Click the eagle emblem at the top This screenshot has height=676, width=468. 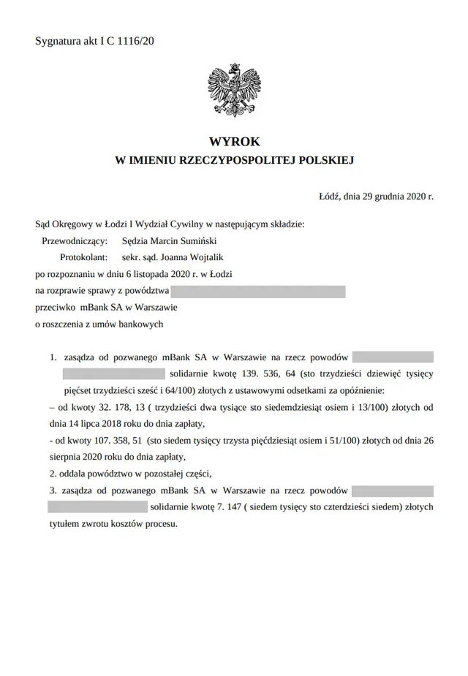coord(234,88)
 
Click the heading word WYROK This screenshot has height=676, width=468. coord(234,142)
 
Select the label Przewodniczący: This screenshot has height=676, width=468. coord(75,240)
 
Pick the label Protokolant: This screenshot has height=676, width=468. coord(83,257)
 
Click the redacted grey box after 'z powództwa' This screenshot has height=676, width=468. coord(257,292)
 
